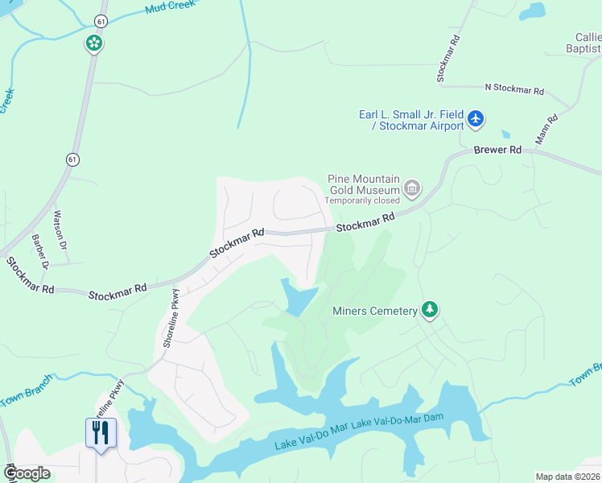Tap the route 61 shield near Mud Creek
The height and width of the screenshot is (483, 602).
pyautogui.click(x=100, y=20)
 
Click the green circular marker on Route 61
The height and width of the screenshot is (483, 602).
pyautogui.click(x=94, y=43)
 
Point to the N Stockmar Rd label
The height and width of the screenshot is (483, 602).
pyautogui.click(x=514, y=90)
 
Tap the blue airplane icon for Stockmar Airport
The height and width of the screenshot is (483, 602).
pyautogui.click(x=476, y=119)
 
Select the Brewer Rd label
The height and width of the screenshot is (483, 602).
pyautogui.click(x=497, y=150)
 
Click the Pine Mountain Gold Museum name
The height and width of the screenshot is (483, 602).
pyautogui.click(x=364, y=184)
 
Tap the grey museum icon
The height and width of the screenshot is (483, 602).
pyautogui.click(x=412, y=188)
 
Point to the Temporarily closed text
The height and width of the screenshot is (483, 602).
pyautogui.click(x=361, y=200)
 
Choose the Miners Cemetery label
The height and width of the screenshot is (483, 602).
pyautogui.click(x=374, y=311)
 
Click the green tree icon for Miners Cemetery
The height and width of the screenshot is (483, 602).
pyautogui.click(x=430, y=310)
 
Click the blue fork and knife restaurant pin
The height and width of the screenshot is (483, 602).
pyautogui.click(x=101, y=434)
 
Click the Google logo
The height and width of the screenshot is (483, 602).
pyautogui.click(x=27, y=473)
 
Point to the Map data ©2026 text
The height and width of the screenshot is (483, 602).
pyautogui.click(x=567, y=477)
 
